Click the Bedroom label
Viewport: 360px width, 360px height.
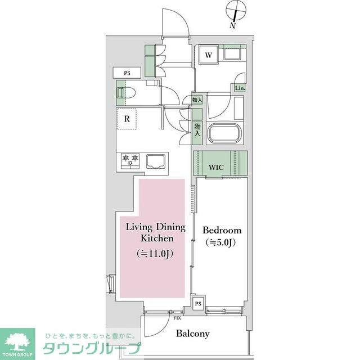[x=222, y=230]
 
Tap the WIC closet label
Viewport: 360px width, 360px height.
[x=216, y=167]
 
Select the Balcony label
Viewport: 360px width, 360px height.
[x=192, y=334]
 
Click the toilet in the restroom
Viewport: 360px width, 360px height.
[x=126, y=93]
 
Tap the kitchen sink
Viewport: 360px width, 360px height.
[x=156, y=161]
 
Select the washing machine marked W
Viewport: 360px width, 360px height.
[x=209, y=54]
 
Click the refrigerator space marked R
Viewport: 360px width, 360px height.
[x=127, y=119]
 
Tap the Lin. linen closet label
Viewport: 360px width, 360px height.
[x=240, y=88]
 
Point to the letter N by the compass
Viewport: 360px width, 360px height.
[x=233, y=25]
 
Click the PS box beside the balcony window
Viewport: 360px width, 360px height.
[x=198, y=304]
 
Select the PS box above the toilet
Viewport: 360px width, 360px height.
[x=127, y=73]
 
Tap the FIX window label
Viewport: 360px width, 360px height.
[x=177, y=318]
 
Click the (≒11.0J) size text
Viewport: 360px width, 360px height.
[x=155, y=254]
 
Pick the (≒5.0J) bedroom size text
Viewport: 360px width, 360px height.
[x=220, y=242]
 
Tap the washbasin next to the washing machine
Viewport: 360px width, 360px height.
[x=232, y=53]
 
